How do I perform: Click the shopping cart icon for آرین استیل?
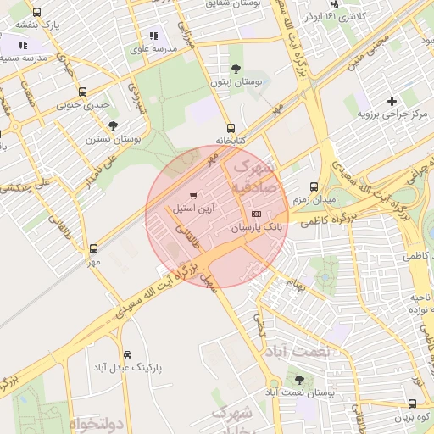[193, 196]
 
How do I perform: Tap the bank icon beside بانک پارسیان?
[257, 214]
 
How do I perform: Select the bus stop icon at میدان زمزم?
[314, 186]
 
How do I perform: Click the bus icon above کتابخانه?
[231, 128]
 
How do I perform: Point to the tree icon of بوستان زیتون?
[235, 69]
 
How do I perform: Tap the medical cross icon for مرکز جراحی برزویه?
[392, 101]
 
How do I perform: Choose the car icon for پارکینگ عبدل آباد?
[127, 354]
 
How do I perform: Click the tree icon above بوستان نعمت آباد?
[298, 379]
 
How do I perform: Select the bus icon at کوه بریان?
[412, 404]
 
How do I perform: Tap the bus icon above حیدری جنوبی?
[82, 92]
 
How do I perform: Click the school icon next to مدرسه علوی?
[153, 36]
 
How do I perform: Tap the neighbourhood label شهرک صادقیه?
[249, 175]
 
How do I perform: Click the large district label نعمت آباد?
[290, 351]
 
